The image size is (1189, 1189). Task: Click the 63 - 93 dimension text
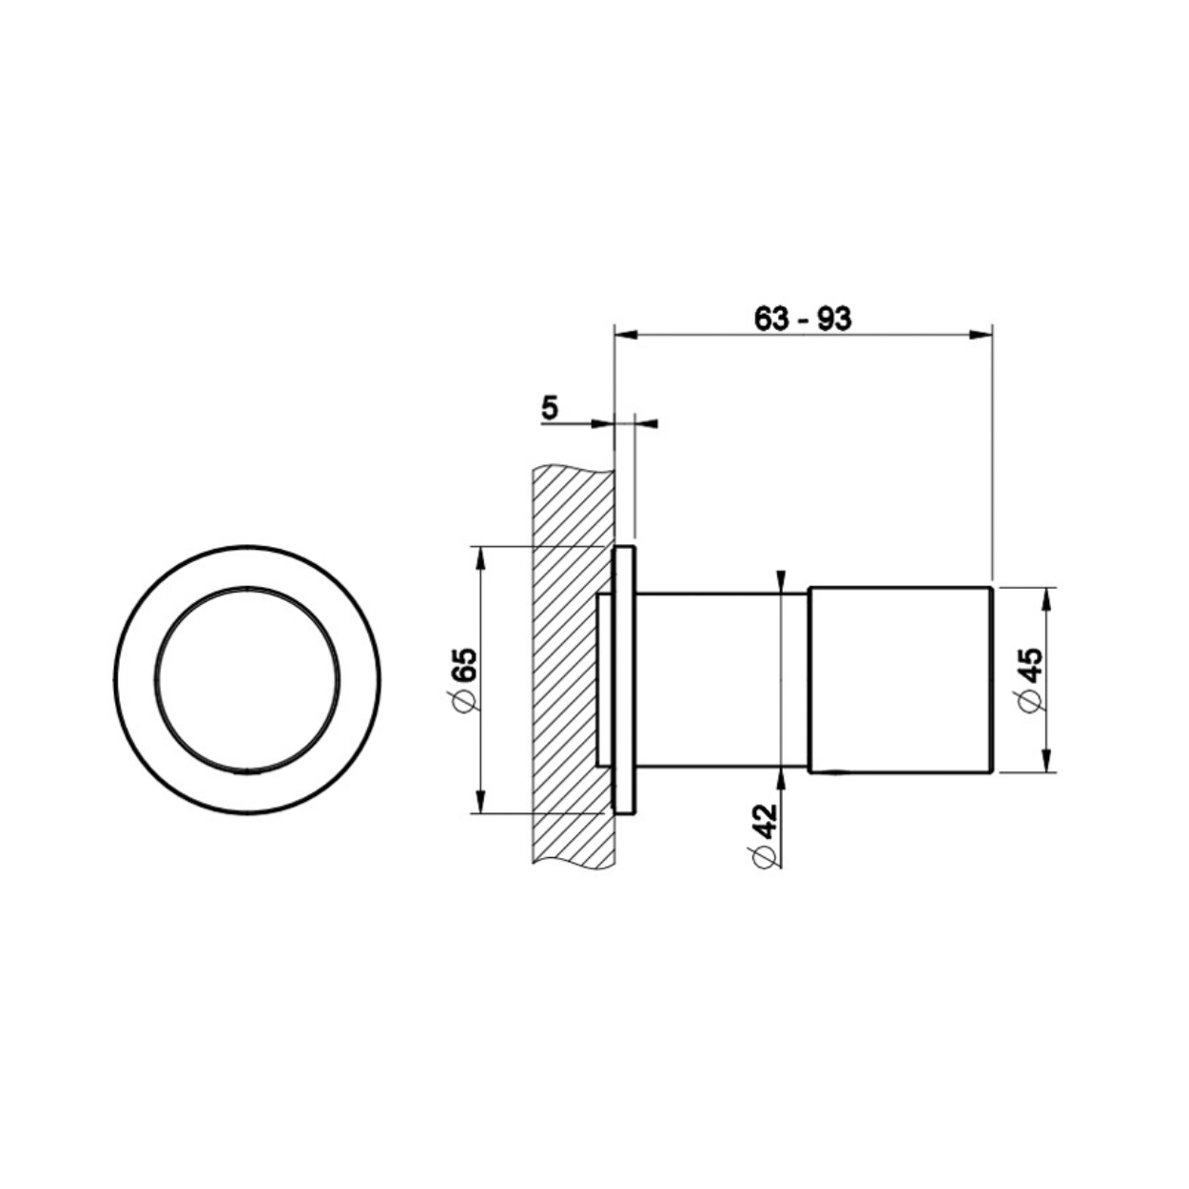click(x=802, y=319)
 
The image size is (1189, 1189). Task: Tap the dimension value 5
click(x=550, y=408)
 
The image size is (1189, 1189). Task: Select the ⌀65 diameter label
click(x=466, y=679)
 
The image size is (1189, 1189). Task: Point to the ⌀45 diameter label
click(x=1031, y=680)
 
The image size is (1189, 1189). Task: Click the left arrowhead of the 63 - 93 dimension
click(x=626, y=335)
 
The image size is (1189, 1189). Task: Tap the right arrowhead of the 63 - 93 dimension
click(x=980, y=335)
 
